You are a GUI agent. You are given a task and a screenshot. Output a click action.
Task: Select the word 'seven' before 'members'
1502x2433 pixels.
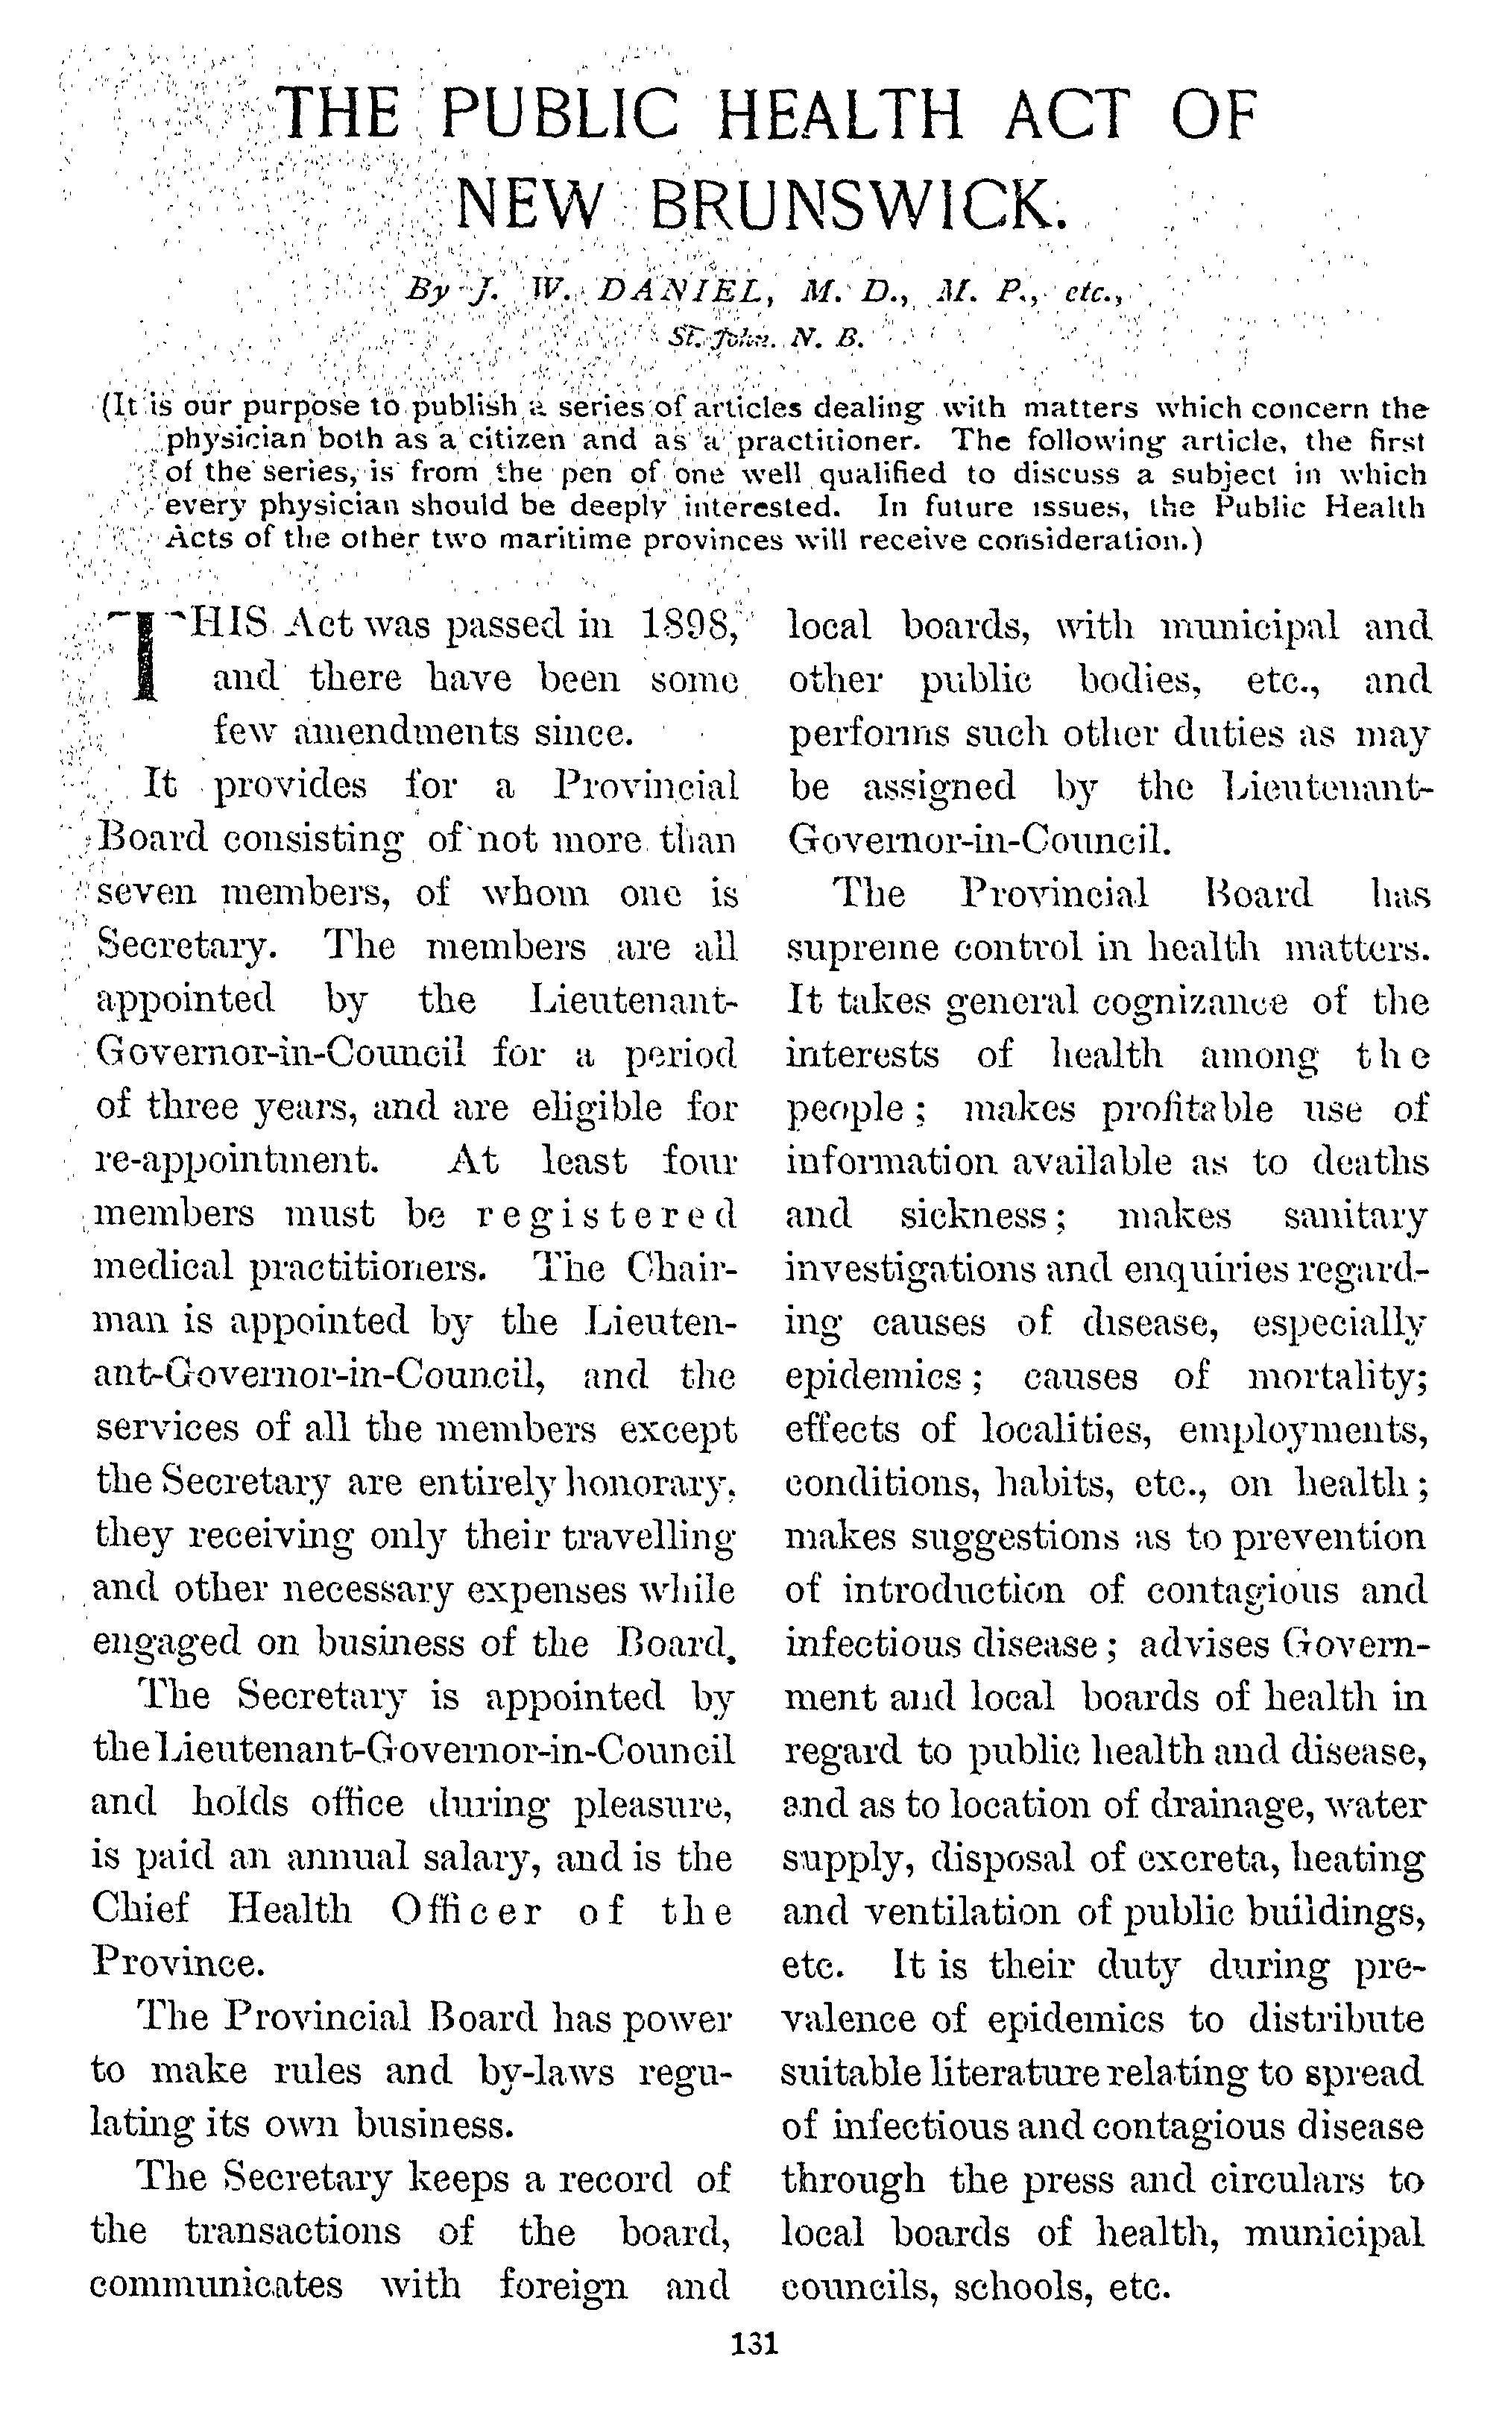coord(147,893)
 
